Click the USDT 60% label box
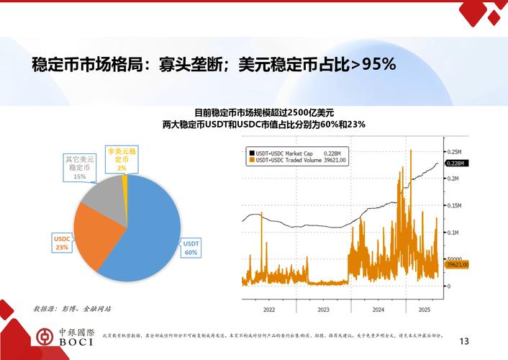pyautogui.click(x=191, y=248)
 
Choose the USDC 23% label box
pyautogui.click(x=62, y=243)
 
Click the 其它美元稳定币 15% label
pyautogui.click(x=79, y=167)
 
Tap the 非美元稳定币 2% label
pyautogui.click(x=122, y=159)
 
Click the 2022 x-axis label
pyautogui.click(x=268, y=310)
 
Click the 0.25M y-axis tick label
pyautogui.click(x=454, y=153)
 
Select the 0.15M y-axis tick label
pyautogui.click(x=454, y=206)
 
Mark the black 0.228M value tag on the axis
pyautogui.click(x=455, y=164)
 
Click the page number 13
pyautogui.click(x=463, y=341)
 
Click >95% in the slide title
pyautogui.click(x=373, y=63)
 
